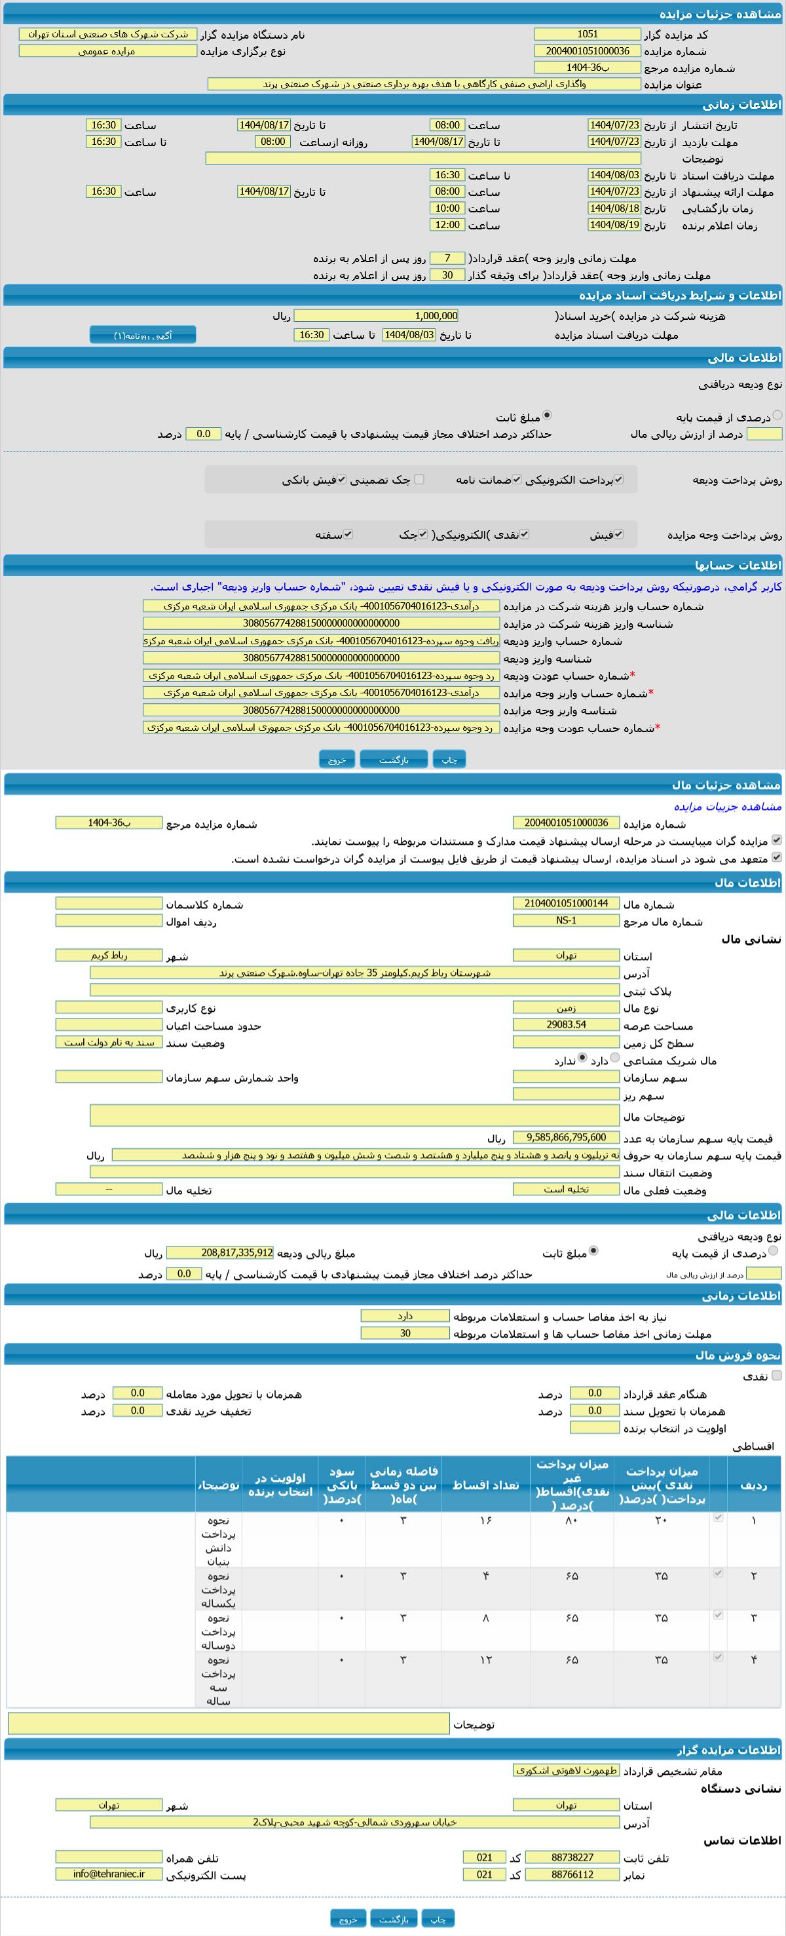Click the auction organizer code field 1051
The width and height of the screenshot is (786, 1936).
pyautogui.click(x=587, y=35)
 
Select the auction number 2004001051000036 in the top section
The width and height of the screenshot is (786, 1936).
pyautogui.click(x=587, y=51)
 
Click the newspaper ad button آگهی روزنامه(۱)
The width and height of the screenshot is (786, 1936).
pyautogui.click(x=143, y=335)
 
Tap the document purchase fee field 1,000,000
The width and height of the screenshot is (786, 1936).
pyautogui.click(x=376, y=316)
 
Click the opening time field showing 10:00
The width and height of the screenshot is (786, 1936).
pyautogui.click(x=447, y=208)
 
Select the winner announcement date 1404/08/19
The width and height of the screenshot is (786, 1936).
pyautogui.click(x=614, y=225)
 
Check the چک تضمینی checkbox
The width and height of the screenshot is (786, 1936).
pyautogui.click(x=419, y=480)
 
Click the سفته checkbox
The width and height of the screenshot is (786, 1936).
pyautogui.click(x=348, y=534)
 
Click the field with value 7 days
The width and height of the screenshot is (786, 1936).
pyautogui.click(x=447, y=258)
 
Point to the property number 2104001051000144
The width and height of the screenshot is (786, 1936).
pyautogui.click(x=566, y=903)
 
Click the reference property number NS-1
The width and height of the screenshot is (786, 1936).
pyautogui.click(x=566, y=921)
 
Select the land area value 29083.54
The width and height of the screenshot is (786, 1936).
pyautogui.click(x=566, y=1024)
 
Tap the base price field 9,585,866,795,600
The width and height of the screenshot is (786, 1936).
pyautogui.click(x=566, y=1137)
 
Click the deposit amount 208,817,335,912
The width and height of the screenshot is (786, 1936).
pyautogui.click(x=220, y=1253)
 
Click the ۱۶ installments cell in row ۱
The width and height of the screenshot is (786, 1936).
pyautogui.click(x=485, y=1520)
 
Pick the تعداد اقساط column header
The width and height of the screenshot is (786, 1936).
pyautogui.click(x=485, y=1485)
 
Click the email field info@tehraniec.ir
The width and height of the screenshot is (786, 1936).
pyautogui.click(x=109, y=1874)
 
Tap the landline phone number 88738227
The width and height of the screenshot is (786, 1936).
pyautogui.click(x=572, y=1857)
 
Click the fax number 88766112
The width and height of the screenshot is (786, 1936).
pyautogui.click(x=572, y=1874)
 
